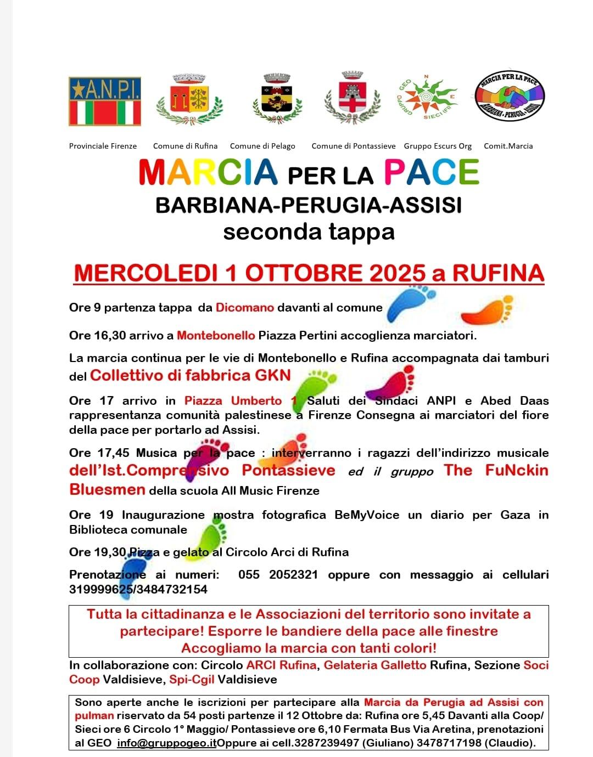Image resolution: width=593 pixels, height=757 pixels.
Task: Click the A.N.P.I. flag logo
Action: [x=105, y=101]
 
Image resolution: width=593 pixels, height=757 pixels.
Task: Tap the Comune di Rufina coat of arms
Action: [x=189, y=100]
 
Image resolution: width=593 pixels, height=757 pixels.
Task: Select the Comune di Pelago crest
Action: [x=277, y=99]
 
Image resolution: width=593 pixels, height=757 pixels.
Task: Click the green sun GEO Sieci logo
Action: [x=427, y=97]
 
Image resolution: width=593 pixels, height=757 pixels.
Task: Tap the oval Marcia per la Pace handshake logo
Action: [x=509, y=97]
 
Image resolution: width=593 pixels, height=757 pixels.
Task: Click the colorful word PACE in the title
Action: [x=432, y=172]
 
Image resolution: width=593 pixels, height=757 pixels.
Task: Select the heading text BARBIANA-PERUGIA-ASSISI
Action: [x=309, y=205]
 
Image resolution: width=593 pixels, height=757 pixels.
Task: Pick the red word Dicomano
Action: [x=245, y=307]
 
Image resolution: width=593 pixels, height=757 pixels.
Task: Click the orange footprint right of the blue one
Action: [x=487, y=310]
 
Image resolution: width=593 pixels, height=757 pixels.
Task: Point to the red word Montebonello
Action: [x=216, y=335]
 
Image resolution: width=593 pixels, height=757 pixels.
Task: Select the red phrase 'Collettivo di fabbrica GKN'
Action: [x=190, y=375]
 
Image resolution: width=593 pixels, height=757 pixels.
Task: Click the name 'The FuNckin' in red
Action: [x=496, y=470]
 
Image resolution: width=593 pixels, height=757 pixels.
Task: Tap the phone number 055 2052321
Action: [x=278, y=574]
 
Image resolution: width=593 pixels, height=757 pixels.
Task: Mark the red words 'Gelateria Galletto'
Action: [x=375, y=665]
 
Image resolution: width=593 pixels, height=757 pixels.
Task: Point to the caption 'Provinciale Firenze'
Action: [x=103, y=146]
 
